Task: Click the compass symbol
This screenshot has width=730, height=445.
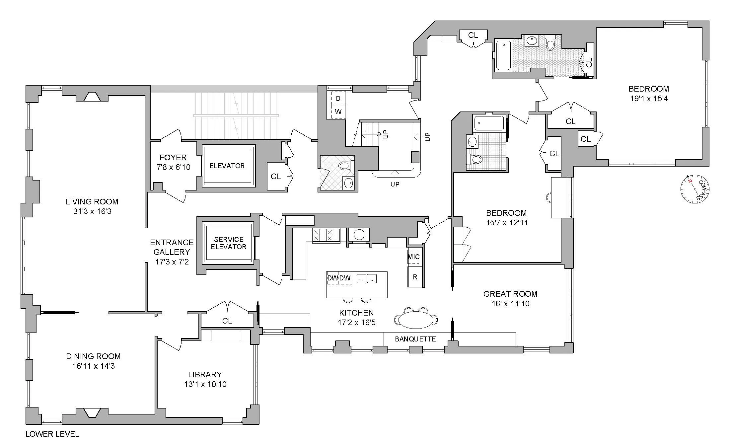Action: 694,189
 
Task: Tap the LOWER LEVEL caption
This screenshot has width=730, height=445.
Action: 52,434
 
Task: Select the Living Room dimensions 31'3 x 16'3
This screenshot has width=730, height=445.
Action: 92,211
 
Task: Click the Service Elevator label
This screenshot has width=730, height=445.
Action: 229,243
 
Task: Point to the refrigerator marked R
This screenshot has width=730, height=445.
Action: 415,277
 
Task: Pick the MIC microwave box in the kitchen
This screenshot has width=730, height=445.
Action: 413,257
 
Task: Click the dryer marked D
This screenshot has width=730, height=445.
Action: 338,99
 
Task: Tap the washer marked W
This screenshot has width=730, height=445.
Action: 338,112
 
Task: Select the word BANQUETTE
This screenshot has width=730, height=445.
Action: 415,339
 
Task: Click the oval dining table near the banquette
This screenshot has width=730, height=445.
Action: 415,320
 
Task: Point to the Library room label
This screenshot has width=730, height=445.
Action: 205,374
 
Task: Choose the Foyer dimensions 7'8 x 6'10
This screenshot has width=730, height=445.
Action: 173,167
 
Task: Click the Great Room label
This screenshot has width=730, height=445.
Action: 510,294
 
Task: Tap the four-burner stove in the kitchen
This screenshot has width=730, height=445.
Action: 326,235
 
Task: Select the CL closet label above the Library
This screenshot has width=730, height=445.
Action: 227,321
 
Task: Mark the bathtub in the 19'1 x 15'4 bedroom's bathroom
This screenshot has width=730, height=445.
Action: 503,55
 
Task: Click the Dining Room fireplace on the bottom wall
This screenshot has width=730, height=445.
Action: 92,413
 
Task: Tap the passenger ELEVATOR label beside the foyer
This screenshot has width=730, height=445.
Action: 227,166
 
